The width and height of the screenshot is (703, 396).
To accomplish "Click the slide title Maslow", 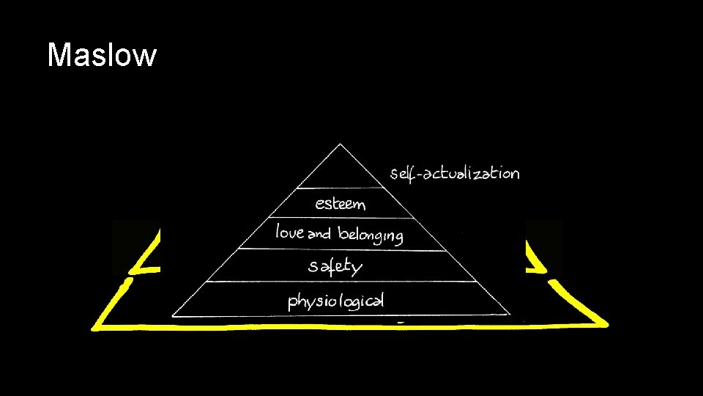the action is (x=101, y=55).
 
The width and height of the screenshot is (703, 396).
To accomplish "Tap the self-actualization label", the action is (x=455, y=174).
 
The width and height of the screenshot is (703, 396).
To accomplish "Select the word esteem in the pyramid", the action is (x=340, y=203).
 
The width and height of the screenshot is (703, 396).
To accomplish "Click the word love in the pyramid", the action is (x=289, y=233).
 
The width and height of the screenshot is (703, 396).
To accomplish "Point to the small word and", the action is (x=319, y=235).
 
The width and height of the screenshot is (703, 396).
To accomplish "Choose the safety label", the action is (x=335, y=266).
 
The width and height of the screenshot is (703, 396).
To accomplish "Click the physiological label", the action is (x=336, y=301).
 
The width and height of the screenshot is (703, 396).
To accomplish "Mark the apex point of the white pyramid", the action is (x=339, y=144).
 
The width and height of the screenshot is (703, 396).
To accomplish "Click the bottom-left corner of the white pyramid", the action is (x=173, y=316).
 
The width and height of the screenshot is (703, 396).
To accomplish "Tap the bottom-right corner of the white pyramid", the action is (x=510, y=315).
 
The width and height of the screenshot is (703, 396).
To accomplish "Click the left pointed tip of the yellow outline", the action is (x=93, y=328).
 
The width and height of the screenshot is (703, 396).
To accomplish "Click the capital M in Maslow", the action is (x=58, y=55).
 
